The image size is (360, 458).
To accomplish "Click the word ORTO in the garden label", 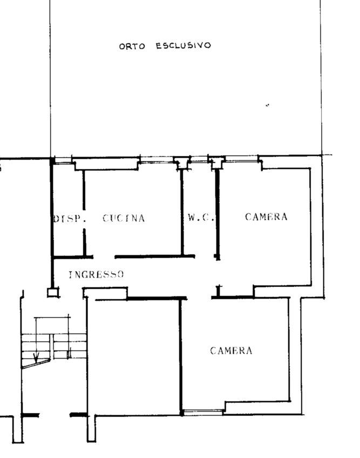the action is pos(132,46).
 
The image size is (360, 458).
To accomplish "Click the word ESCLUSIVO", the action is pos(183,45).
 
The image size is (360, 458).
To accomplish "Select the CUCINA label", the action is pos(124,218).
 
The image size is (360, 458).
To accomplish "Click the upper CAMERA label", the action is pos(266,217).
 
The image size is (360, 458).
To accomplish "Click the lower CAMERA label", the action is pos(231,351).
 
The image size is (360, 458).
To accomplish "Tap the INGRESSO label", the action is pos(97,274).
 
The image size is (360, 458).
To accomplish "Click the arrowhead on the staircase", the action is pos(36,357).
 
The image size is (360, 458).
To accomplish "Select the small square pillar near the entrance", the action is pos(52,292).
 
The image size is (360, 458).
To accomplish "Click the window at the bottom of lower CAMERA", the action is pos(203,413).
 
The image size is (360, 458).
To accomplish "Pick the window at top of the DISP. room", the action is pos(63,160).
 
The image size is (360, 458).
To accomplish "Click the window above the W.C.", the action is pos(199,159).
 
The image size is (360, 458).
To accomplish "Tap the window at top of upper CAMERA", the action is pos(242,159).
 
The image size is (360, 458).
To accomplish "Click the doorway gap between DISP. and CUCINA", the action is pos(84,219).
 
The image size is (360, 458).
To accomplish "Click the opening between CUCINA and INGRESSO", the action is pos(104,257).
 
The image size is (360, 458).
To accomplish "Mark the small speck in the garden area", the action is pos(268,105).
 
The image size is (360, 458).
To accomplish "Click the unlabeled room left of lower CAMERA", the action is pos(133,357).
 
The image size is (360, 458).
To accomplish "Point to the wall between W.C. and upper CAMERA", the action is pos(217,214).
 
